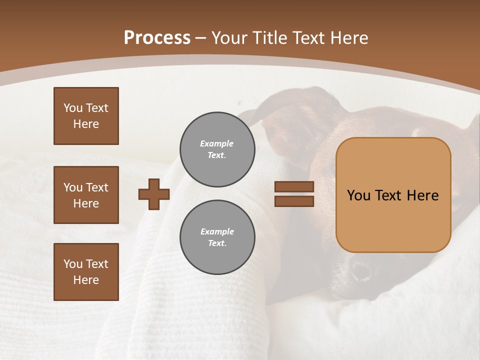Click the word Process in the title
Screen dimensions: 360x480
[x=157, y=38]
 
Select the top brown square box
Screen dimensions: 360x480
[x=86, y=116]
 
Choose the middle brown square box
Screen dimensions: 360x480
[x=86, y=195]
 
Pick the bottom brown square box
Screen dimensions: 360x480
[x=86, y=272]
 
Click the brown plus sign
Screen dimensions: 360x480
[x=154, y=194]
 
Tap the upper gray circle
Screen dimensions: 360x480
[x=217, y=149]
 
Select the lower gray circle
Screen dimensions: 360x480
[x=217, y=237]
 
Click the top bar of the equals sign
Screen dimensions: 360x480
[x=294, y=187]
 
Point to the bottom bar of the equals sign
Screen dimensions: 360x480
[x=294, y=201]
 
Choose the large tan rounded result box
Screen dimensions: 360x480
[x=393, y=195]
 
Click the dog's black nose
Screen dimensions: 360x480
[x=360, y=271]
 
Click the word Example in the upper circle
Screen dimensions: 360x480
[x=217, y=143]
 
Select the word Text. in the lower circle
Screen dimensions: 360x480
[x=217, y=243]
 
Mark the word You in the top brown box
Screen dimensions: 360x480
[x=73, y=108]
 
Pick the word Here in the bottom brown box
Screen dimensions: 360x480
[x=86, y=280]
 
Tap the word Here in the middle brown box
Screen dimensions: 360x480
[x=86, y=203]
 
